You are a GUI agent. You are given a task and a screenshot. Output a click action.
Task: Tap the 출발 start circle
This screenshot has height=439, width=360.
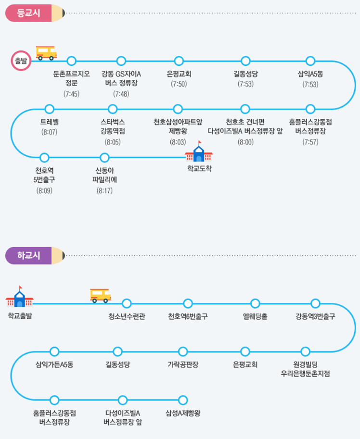point(21,61)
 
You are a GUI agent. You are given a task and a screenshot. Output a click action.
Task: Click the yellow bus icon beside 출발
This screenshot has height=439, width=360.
point(46,53)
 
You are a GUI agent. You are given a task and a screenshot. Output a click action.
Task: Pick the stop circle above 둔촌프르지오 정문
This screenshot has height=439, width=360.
point(72,61)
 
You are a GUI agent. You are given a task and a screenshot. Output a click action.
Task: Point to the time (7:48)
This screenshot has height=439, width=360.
point(121,93)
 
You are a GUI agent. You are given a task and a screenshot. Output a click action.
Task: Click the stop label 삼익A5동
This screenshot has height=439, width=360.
point(310,74)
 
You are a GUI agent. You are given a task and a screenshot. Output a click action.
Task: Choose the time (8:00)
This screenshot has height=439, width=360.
point(245,142)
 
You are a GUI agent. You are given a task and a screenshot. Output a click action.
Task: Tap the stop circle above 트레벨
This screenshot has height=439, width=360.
point(49,109)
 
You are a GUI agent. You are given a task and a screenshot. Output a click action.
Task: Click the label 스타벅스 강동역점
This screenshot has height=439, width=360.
point(113,126)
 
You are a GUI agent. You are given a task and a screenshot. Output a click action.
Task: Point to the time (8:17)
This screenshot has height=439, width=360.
point(104,190)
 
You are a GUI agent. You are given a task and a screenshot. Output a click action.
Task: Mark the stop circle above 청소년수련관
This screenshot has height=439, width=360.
point(127,303)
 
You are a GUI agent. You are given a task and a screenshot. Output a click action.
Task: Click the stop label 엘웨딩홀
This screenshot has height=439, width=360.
point(255,316)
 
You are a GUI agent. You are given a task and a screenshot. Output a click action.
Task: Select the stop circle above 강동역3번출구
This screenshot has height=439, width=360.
point(315,303)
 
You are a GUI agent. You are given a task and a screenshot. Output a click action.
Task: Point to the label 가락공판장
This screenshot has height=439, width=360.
point(182,364)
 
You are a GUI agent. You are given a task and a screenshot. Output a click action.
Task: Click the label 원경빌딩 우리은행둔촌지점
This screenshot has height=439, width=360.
point(306,369)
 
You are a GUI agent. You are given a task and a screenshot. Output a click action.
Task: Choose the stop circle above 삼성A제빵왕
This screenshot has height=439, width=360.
point(182,400)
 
